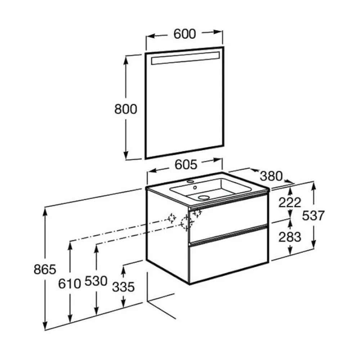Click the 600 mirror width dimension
(x=185, y=34)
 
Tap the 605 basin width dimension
(x=186, y=165)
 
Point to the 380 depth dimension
(x=271, y=176)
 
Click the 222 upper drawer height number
(x=290, y=202)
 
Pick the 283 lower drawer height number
(x=290, y=237)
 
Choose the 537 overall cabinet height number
(x=313, y=216)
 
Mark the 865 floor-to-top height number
(x=45, y=269)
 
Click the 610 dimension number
(x=69, y=284)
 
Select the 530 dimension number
(x=96, y=281)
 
